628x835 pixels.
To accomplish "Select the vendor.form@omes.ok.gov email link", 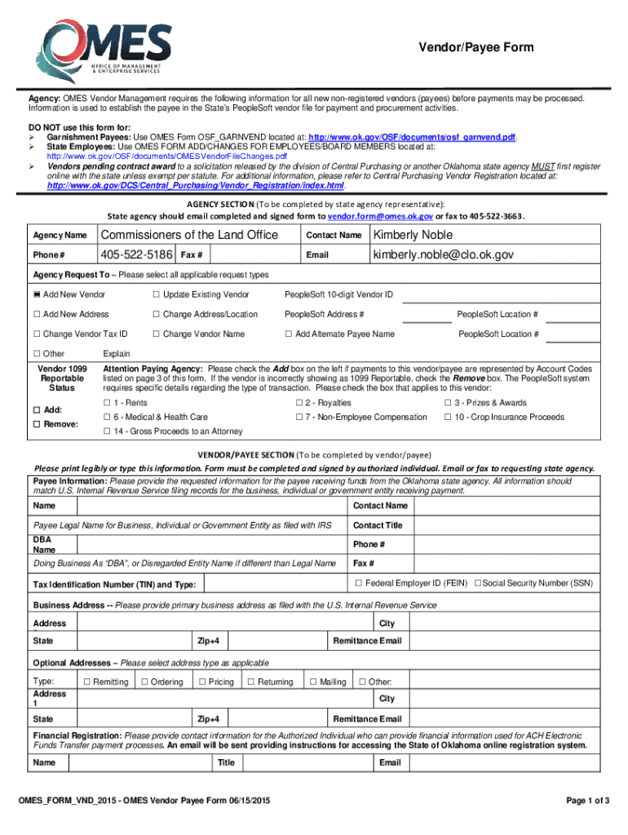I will [x=379, y=216].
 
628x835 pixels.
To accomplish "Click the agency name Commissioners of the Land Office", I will [x=188, y=235].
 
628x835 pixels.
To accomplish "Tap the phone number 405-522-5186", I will [x=135, y=254].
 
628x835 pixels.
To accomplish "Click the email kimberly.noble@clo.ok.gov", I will [x=443, y=254].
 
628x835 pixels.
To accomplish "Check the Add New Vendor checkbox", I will [x=37, y=294].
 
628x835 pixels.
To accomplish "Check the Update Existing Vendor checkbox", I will [x=155, y=294].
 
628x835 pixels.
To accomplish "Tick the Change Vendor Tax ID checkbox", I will [x=37, y=334].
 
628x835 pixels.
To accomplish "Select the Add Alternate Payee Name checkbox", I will [x=289, y=334].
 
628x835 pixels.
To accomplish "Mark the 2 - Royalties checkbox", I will [x=299, y=403].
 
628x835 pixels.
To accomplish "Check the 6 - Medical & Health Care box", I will [x=107, y=417].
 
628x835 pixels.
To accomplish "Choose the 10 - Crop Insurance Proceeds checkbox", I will [x=448, y=417].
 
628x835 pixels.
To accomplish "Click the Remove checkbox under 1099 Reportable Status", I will [x=36, y=425].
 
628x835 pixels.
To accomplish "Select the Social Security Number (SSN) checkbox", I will [x=477, y=583].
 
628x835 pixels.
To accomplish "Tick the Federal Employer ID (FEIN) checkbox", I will [x=358, y=583].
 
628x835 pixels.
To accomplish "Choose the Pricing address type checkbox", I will [x=201, y=682].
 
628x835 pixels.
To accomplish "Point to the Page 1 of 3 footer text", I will [x=587, y=800].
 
